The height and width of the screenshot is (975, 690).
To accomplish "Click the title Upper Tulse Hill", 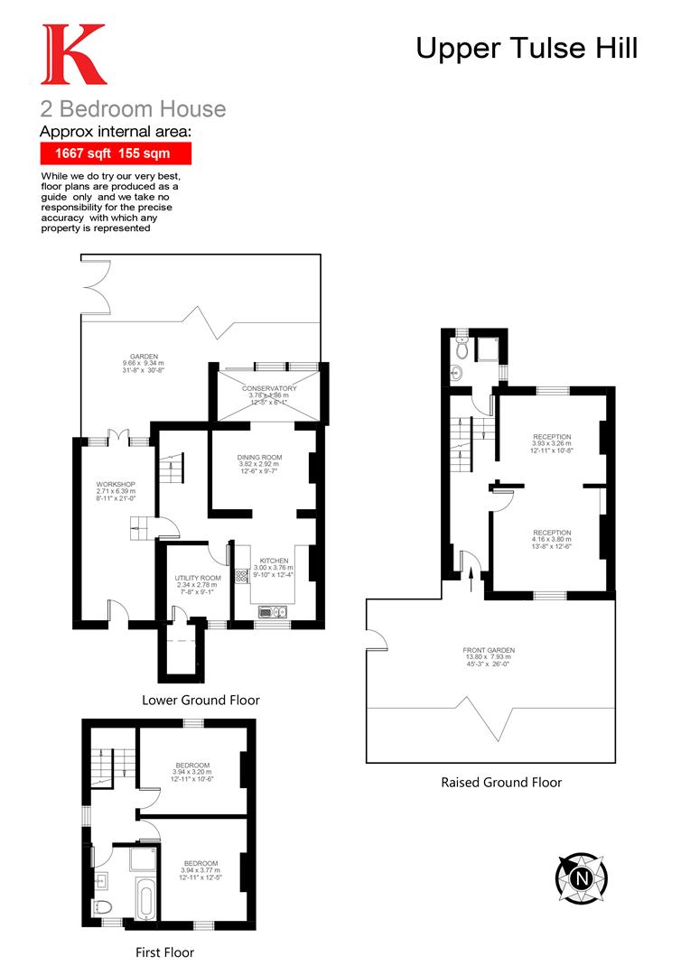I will coord(527,48).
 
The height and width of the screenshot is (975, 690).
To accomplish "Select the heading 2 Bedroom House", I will coord(133,109).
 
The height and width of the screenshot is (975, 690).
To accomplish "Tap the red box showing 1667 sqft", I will coord(116,153).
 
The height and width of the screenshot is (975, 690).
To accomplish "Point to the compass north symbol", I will coord(581,876).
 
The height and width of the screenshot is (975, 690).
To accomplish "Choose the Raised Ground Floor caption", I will coord(501,782).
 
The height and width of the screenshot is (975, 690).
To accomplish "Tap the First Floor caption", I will coord(164,952).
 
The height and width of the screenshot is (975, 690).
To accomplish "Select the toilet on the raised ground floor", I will coord(462,346).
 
